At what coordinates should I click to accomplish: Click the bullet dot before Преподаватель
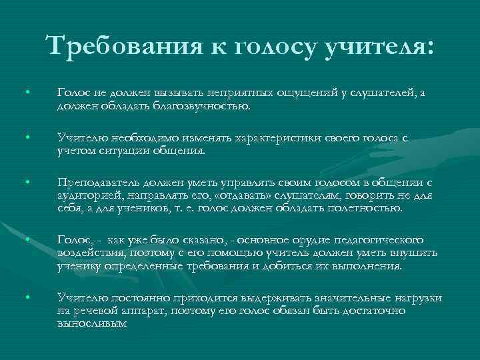pos(27,182)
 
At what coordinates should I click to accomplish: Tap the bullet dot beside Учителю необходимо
pos(27,137)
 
